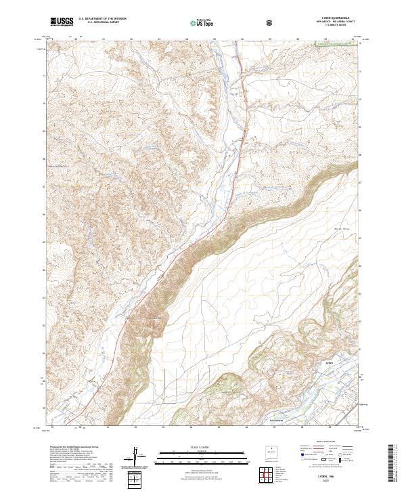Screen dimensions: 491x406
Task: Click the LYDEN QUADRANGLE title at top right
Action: tap(337, 18)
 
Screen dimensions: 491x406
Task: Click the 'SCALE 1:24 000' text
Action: tap(202, 448)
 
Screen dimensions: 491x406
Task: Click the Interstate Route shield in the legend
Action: tap(302, 458)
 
